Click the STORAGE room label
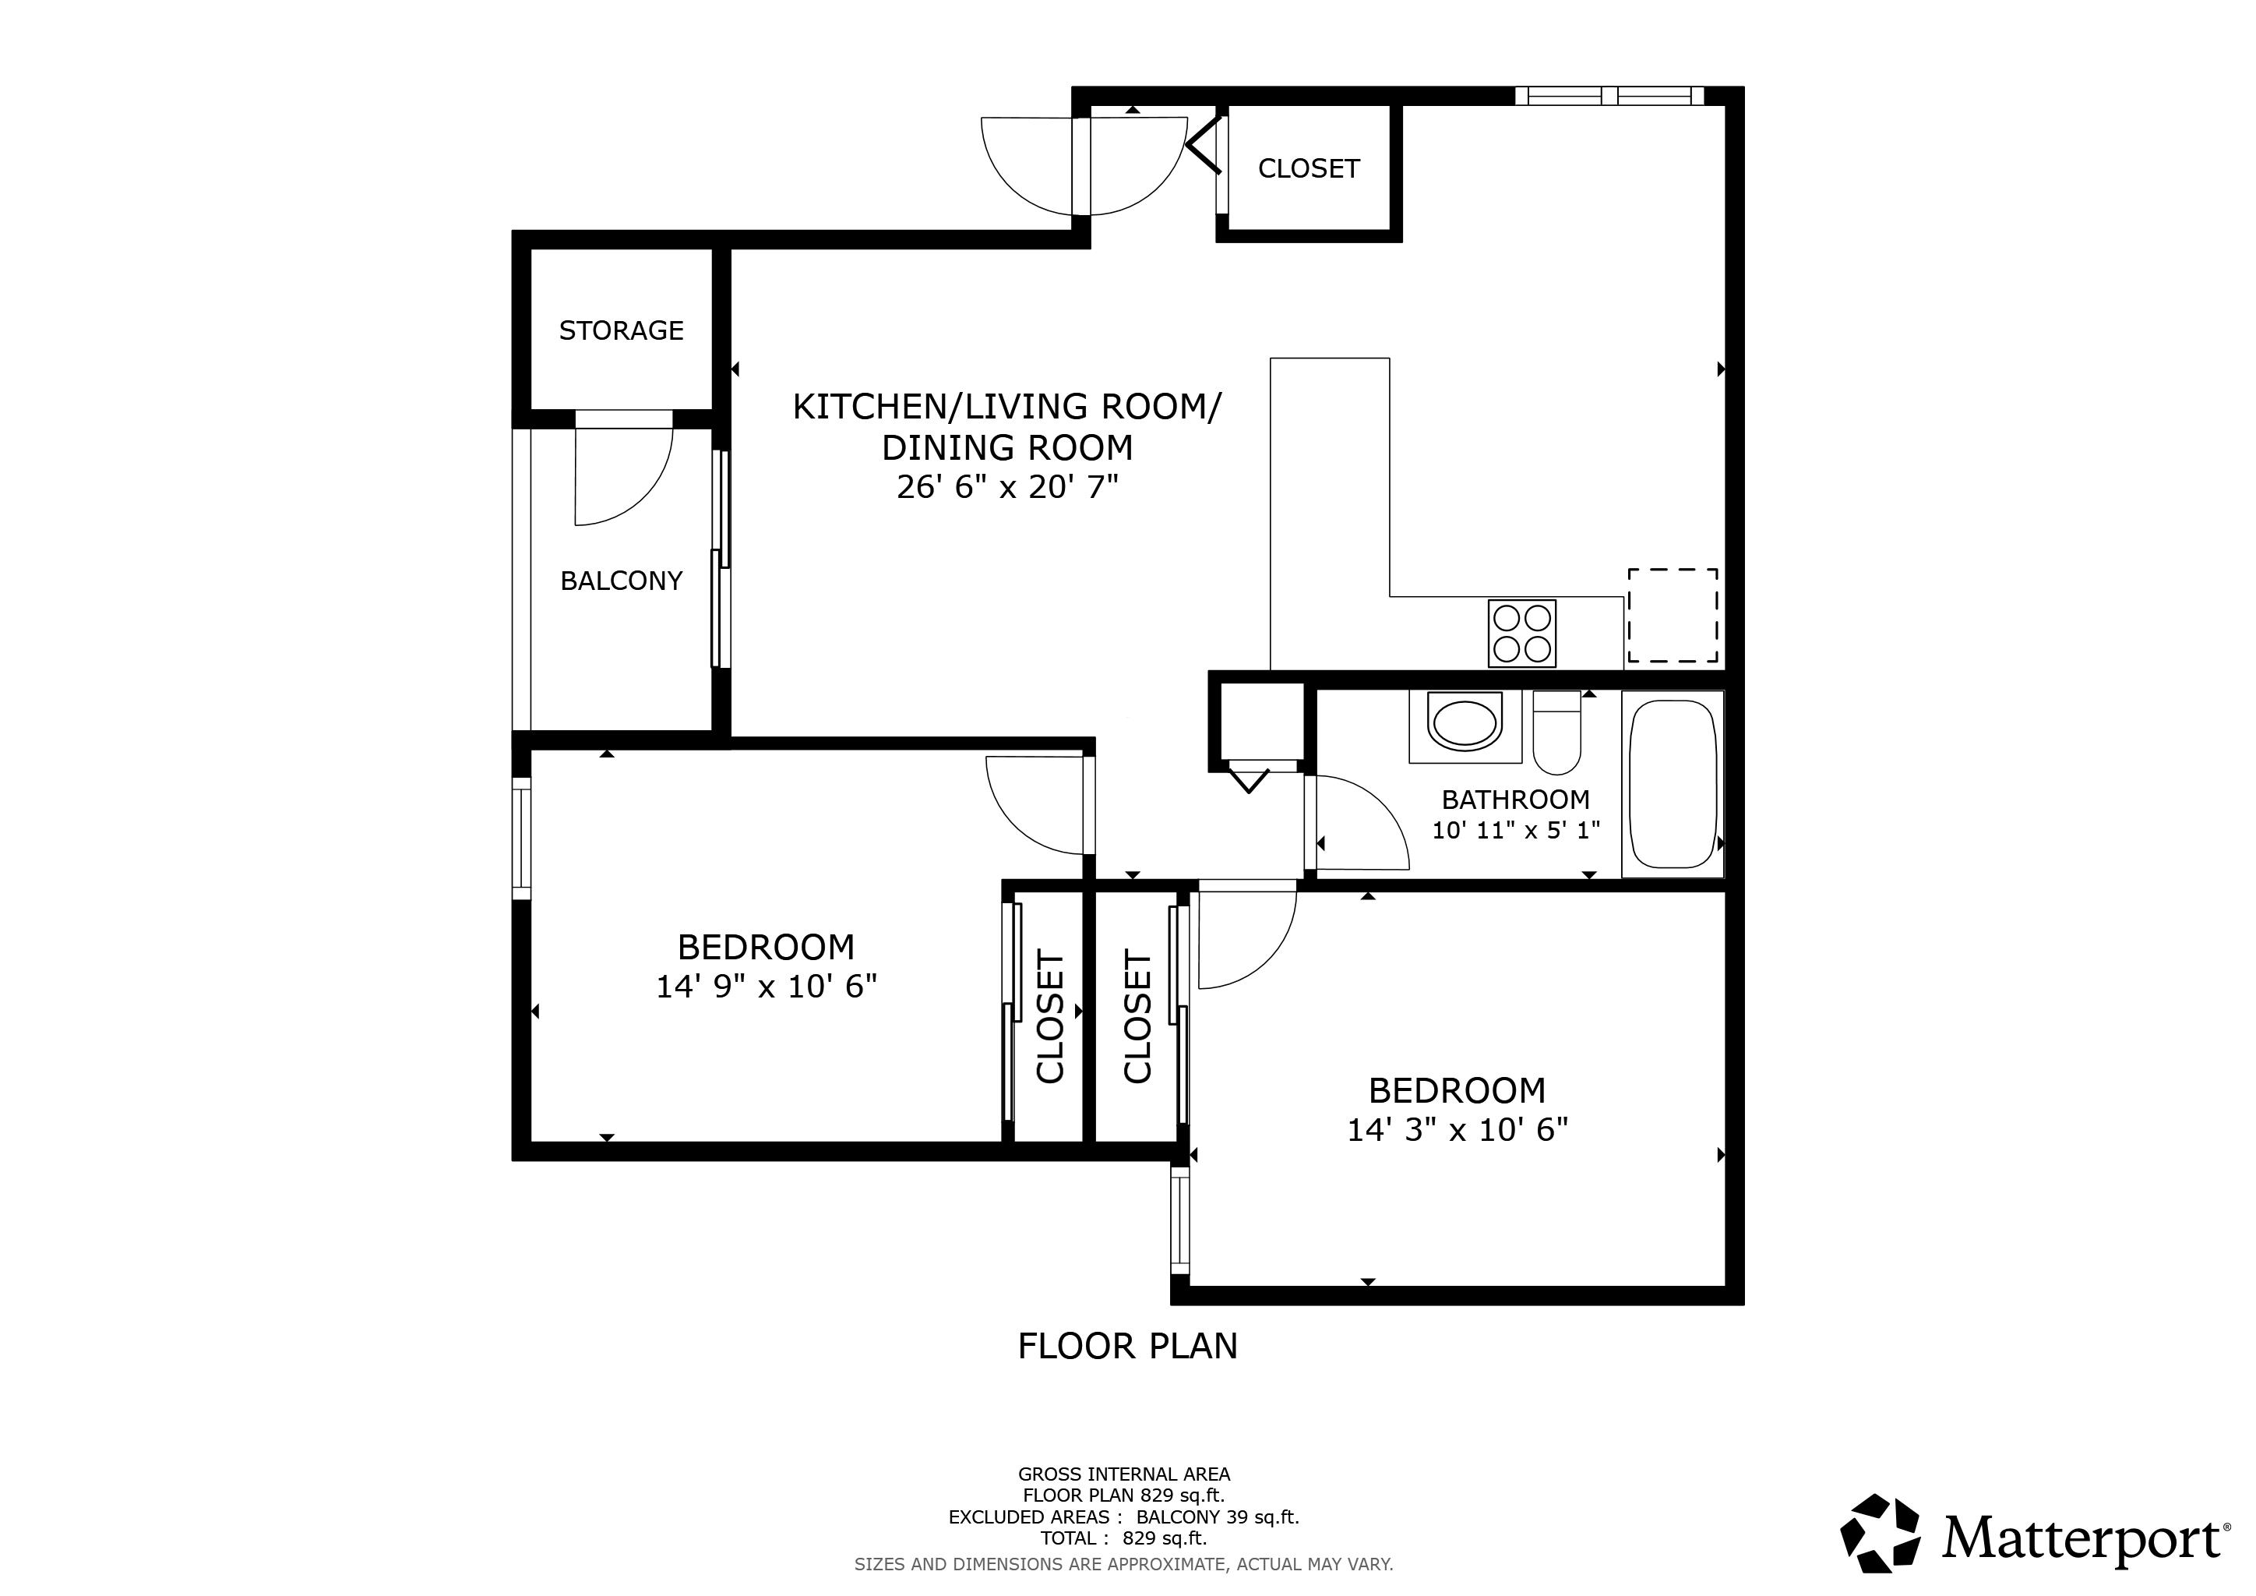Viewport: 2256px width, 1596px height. click(x=621, y=330)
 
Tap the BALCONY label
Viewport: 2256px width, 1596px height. click(x=621, y=581)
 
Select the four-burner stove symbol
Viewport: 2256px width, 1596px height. click(x=1522, y=633)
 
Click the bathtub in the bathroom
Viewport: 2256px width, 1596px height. click(x=1673, y=784)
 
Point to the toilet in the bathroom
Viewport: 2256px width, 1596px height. click(x=1557, y=733)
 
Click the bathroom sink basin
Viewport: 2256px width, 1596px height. click(x=1466, y=722)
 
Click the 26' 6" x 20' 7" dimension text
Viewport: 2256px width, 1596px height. click(x=1008, y=486)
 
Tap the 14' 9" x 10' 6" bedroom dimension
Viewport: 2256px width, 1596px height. click(x=767, y=986)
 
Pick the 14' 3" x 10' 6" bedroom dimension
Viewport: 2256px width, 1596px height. click(x=1458, y=1130)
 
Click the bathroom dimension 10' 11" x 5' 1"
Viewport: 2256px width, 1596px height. click(x=1516, y=829)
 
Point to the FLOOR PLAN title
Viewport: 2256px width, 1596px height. click(x=1128, y=1345)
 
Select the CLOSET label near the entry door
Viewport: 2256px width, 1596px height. click(x=1309, y=169)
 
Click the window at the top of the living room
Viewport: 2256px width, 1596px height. click(x=1609, y=95)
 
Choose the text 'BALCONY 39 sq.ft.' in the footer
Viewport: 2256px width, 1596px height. click(x=1218, y=1517)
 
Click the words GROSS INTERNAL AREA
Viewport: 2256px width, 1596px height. click(x=1124, y=1474)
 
